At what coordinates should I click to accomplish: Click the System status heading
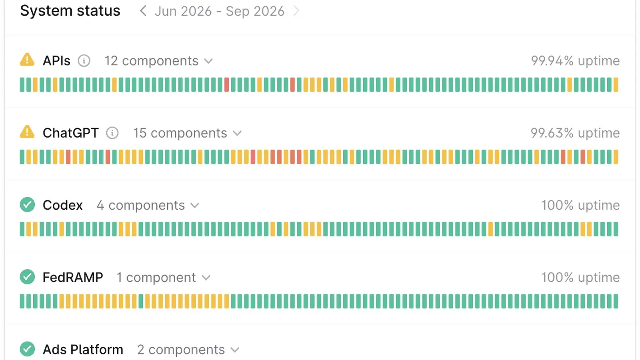coord(70,11)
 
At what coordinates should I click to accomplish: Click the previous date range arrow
coord(143,11)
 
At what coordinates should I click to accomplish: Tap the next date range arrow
coord(296,11)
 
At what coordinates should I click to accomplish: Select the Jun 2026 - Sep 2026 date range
coord(220,12)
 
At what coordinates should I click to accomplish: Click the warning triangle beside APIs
coord(27,60)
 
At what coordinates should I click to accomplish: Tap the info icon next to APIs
coord(84,61)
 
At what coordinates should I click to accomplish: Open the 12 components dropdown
coord(158,61)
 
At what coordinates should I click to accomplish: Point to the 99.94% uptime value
coord(575,61)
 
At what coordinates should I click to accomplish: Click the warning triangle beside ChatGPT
coord(27,132)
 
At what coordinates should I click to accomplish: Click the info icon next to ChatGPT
coord(112,133)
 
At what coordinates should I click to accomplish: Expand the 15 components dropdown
coord(188,133)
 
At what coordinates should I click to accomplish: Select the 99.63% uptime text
coord(575,133)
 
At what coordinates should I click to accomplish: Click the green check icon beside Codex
coord(27,204)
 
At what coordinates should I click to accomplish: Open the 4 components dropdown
coord(148,206)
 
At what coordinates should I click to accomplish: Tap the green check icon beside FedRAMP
coord(27,277)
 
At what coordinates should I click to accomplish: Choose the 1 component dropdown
coord(164,278)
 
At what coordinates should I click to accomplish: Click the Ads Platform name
coord(83,350)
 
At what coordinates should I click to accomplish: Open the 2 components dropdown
coord(188,350)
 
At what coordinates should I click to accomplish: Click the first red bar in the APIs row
coord(226,84)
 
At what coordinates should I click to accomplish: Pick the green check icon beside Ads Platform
coord(27,349)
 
